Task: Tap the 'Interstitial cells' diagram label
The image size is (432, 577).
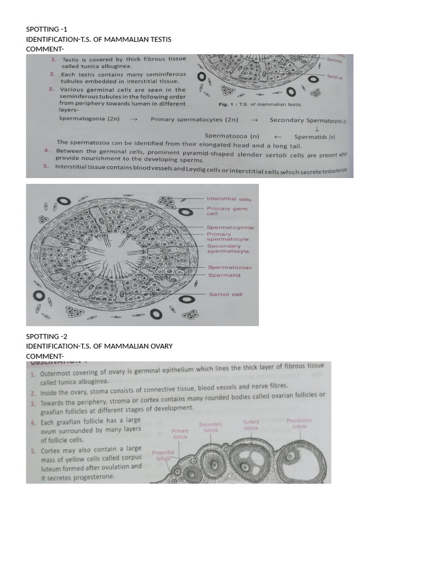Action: [229, 199]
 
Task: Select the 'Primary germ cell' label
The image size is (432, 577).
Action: [226, 211]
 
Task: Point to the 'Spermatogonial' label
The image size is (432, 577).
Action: [230, 227]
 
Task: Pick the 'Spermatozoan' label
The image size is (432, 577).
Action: [230, 267]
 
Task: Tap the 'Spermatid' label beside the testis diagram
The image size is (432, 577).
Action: [224, 275]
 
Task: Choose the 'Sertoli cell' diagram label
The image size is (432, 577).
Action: [226, 294]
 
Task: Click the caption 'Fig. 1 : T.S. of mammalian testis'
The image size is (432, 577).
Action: [260, 104]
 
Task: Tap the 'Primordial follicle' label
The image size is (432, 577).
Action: [164, 455]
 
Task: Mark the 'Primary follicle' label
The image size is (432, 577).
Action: [181, 433]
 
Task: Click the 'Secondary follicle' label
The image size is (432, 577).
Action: [210, 427]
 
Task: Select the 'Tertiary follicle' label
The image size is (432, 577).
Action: [251, 425]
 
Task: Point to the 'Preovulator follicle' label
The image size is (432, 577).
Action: [299, 423]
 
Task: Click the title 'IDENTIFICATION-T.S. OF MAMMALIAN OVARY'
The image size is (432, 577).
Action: [99, 346]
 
